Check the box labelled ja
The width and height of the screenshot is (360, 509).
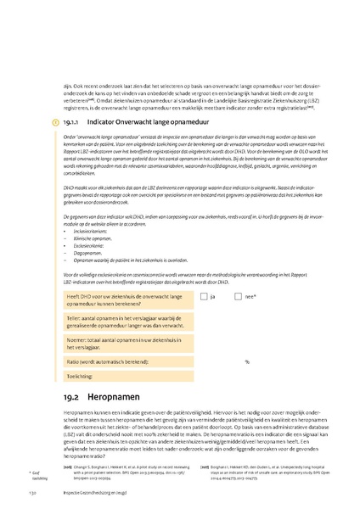coord(201,297)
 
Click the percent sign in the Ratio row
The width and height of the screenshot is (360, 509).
coord(247,361)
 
